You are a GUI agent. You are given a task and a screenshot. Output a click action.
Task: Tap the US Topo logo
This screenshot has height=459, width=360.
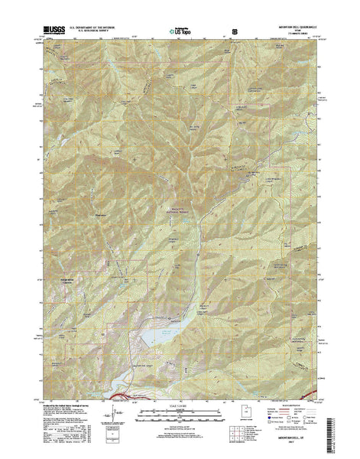tap(180, 33)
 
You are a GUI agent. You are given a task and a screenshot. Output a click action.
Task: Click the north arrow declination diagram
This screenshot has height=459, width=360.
tap(116, 415)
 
